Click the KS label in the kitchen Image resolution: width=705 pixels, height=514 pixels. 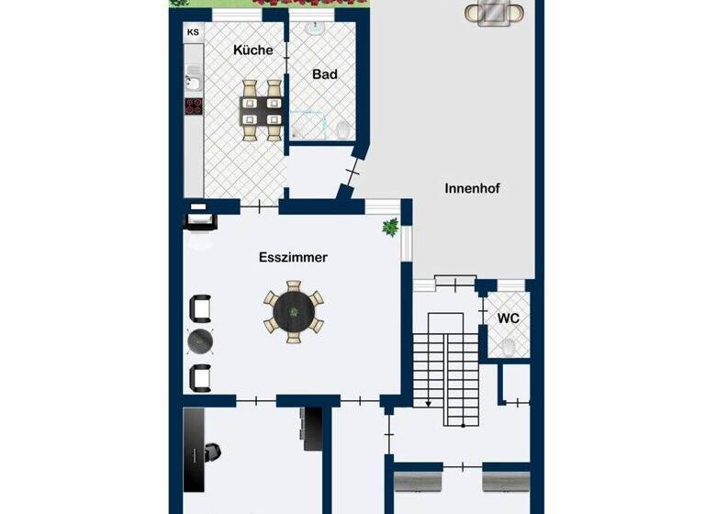coord(193,33)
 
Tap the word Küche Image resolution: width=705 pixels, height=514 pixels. coord(252,50)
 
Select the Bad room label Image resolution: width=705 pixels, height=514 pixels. coord(323,73)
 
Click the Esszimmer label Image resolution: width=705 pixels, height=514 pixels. coord(293,258)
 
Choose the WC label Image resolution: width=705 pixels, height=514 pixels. coord(508,318)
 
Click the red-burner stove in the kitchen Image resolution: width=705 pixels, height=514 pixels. coord(194,106)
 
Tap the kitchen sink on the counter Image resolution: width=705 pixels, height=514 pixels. coord(194,83)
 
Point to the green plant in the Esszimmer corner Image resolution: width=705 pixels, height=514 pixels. coord(391,226)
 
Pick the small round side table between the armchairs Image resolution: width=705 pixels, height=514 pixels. coord(201,341)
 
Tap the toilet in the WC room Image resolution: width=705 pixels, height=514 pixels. coord(508,346)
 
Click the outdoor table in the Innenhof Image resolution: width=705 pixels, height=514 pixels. coord(494,13)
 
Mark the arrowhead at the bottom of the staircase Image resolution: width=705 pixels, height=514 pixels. coord(428,402)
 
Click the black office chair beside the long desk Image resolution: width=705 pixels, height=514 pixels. coord(212,452)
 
